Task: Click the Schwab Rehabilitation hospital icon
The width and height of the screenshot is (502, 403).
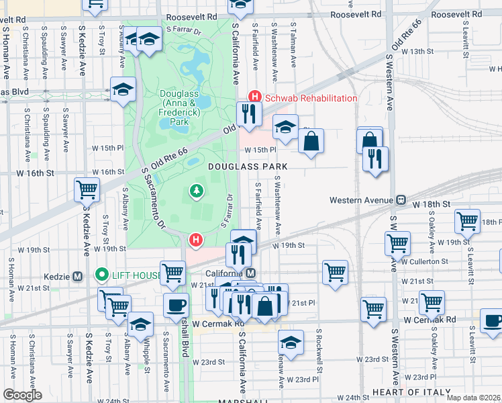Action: (254, 98)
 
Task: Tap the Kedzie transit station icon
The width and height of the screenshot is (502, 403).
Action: (77, 276)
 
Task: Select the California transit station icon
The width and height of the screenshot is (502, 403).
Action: (250, 273)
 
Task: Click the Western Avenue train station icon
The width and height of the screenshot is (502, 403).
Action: (401, 199)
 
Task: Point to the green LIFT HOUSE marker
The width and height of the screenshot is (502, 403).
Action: (102, 274)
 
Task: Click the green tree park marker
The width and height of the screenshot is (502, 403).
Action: (197, 192)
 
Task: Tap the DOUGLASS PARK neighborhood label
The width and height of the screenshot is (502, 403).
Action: (248, 166)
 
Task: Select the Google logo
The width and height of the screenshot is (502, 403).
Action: (22, 395)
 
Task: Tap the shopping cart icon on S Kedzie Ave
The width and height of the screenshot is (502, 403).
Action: (87, 189)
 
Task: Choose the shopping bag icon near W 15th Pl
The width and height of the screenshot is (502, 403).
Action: (311, 141)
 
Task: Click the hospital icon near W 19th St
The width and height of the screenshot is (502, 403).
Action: (196, 239)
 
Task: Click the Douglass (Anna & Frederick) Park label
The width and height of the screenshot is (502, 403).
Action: (177, 108)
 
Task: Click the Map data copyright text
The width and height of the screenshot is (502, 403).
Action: (473, 398)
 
